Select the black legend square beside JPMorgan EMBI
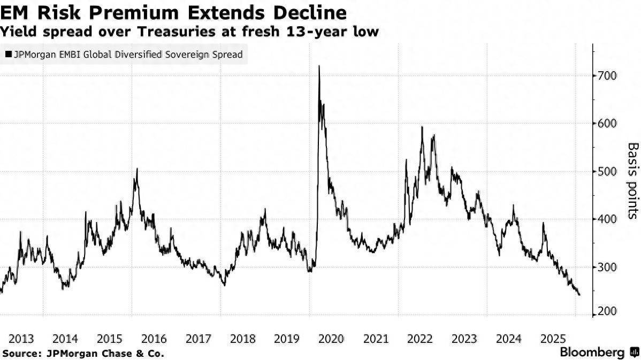pos(8,55)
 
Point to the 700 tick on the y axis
pos(608,76)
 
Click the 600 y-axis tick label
pos(608,124)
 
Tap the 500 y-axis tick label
pos(608,172)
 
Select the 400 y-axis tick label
pos(608,219)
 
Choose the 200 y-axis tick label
pos(608,312)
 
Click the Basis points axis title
pos(633,180)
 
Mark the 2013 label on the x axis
pos(22,339)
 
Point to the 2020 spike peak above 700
pos(319,66)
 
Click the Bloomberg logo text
pos(592,353)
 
